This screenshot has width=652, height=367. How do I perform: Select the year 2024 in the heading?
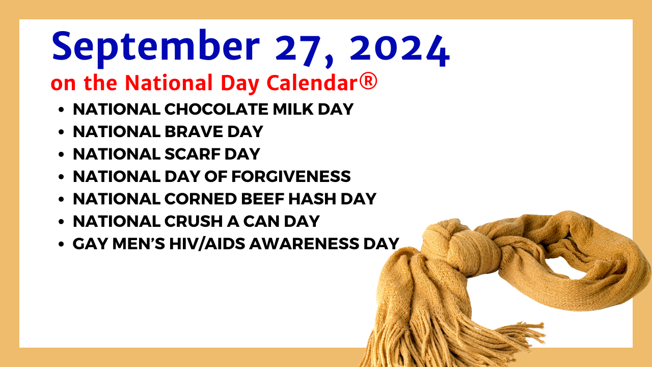[400, 50]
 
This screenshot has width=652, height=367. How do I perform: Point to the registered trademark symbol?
[368, 81]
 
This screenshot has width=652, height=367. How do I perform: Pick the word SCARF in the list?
[193, 154]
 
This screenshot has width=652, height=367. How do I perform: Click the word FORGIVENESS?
[291, 176]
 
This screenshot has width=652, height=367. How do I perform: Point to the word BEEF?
[262, 199]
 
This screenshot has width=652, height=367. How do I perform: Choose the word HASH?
[312, 199]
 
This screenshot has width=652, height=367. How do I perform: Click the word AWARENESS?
[304, 244]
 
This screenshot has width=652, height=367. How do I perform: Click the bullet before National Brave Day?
[61, 132]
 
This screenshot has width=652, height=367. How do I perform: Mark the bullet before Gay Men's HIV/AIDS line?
[61, 244]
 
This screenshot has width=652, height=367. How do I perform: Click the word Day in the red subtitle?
[240, 84]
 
